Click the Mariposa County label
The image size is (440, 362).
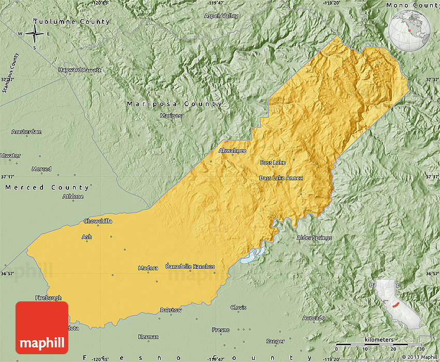pos(175,104)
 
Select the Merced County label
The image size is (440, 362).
pos(48,187)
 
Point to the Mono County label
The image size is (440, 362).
pos(412,5)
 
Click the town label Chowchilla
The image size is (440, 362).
pos(98,221)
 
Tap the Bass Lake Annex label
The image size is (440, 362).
pos(281,178)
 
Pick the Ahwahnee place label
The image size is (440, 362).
pos(232,151)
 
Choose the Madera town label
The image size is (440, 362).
pos(148,268)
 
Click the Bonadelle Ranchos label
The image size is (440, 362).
pos(190,267)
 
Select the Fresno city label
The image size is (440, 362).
pos(221,330)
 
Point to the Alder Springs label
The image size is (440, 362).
pos(314,238)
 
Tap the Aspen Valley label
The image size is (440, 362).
pos(221,16)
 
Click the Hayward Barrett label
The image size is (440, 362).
pos(80,70)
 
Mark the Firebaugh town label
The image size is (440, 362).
pos(48,298)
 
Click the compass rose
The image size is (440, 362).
pos(35,34)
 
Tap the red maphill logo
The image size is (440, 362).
pos(42,327)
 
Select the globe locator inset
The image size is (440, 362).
pos(410,31)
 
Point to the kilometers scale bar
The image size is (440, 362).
pos(378,344)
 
